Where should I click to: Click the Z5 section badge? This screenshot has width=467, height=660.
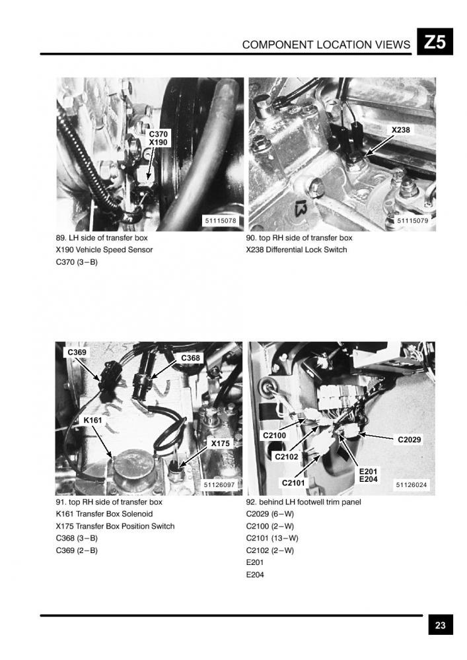pyautogui.click(x=435, y=42)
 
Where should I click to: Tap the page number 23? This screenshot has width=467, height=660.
pyautogui.click(x=440, y=625)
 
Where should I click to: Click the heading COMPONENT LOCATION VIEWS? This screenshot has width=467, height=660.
pyautogui.click(x=326, y=45)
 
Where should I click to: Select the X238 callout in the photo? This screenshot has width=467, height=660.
pyautogui.click(x=400, y=130)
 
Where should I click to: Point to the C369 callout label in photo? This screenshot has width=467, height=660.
pyautogui.click(x=77, y=352)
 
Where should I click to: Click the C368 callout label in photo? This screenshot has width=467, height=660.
pyautogui.click(x=190, y=358)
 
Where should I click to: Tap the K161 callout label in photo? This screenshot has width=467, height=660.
pyautogui.click(x=92, y=420)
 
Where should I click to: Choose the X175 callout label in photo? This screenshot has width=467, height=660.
pyautogui.click(x=220, y=444)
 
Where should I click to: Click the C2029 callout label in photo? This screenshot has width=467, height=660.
pyautogui.click(x=410, y=440)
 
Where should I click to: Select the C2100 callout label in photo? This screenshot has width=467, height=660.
pyautogui.click(x=275, y=435)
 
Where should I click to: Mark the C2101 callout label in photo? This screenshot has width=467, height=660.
pyautogui.click(x=293, y=483)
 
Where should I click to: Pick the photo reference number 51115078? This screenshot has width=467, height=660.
pyautogui.click(x=221, y=220)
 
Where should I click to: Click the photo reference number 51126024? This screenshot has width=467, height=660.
pyautogui.click(x=412, y=485)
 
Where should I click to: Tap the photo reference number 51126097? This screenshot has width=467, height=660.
pyautogui.click(x=219, y=485)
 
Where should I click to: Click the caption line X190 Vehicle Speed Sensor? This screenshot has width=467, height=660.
pyautogui.click(x=104, y=249)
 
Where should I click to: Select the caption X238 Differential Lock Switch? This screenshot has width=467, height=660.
pyautogui.click(x=297, y=249)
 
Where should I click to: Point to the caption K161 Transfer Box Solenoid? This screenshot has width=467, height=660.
pyautogui.click(x=104, y=514)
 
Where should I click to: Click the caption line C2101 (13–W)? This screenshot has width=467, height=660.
pyautogui.click(x=272, y=538)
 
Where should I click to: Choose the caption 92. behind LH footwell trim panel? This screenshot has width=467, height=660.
pyautogui.click(x=303, y=502)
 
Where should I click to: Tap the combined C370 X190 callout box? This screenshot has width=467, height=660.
pyautogui.click(x=159, y=138)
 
